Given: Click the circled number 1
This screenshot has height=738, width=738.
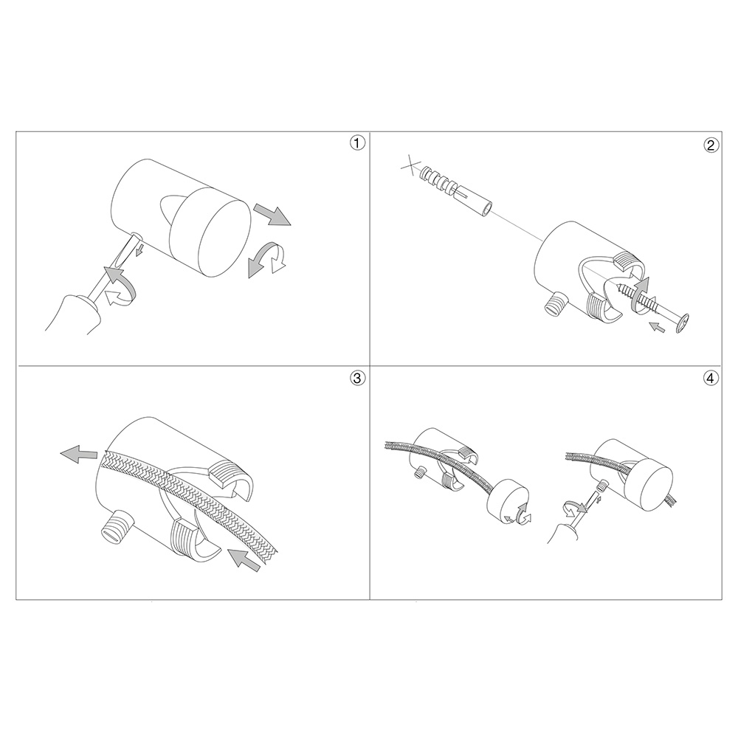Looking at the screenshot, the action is click(357, 143).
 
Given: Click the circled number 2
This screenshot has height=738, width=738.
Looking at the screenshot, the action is click(711, 145).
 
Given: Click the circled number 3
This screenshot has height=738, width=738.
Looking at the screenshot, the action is click(357, 378).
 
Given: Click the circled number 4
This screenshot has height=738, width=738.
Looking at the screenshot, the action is click(711, 378).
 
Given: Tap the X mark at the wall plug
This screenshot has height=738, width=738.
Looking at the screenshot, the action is click(410, 165).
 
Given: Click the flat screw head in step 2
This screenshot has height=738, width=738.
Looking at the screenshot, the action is click(683, 324).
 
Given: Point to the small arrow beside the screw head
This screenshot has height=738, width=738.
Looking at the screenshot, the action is click(657, 327).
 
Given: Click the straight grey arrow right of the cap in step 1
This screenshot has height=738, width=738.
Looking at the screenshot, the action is click(272, 215).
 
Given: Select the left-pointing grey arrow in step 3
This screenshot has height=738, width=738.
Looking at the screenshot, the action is click(79, 454).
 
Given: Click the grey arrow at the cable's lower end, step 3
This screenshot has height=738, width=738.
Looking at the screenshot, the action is click(244, 560).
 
